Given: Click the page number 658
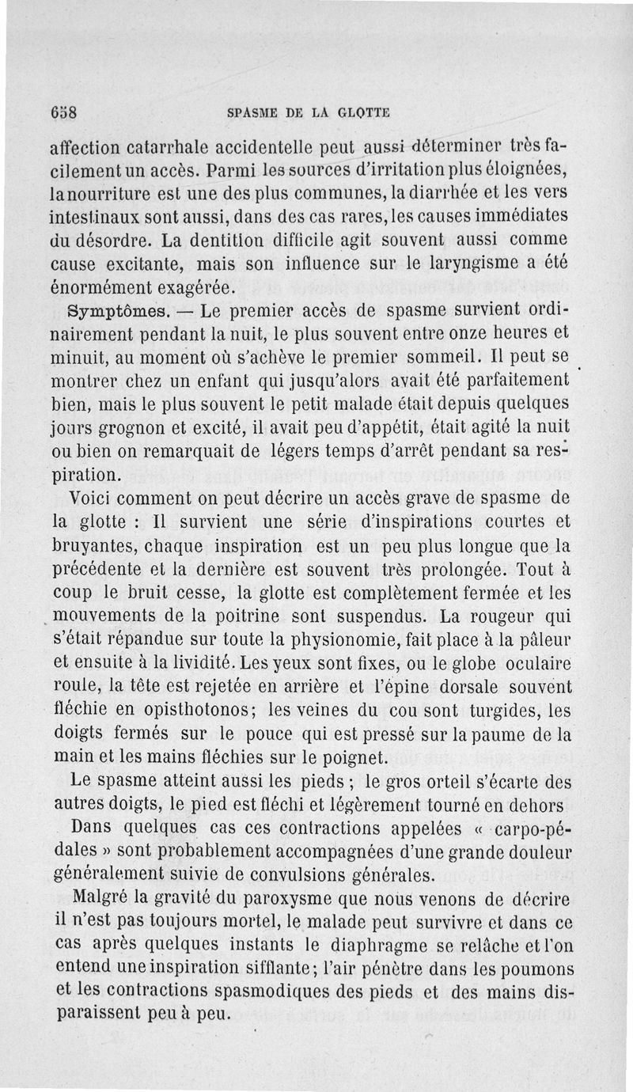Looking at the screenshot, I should (62, 112).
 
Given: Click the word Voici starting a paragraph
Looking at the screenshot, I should (94, 499).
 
